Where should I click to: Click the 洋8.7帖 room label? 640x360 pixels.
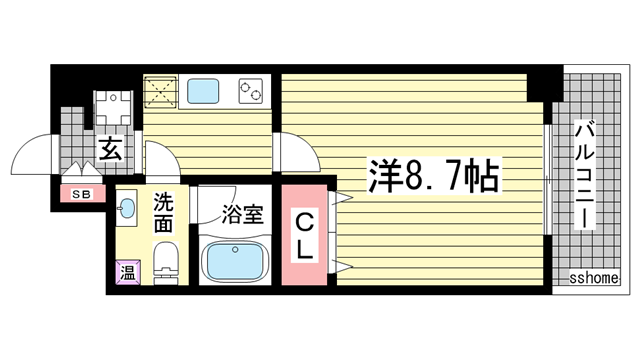(434, 177)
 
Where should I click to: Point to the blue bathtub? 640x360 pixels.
(237, 262)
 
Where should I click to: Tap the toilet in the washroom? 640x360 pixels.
(165, 262)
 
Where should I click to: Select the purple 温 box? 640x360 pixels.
(128, 270)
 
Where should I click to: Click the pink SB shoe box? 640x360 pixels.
(80, 194)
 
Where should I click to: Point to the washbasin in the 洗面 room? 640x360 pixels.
(127, 210)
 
